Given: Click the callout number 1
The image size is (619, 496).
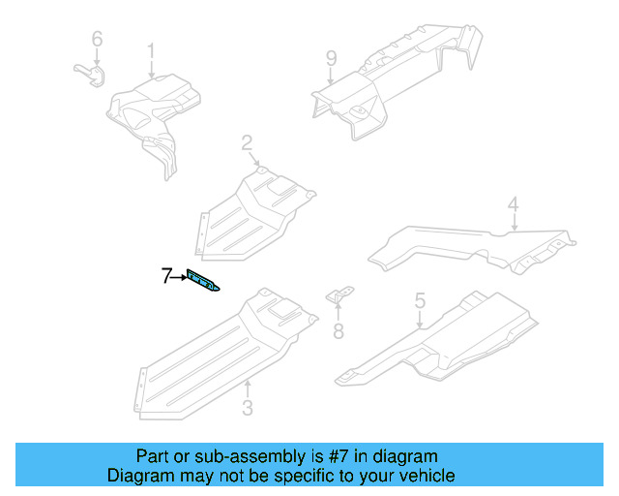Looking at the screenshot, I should click(151, 49).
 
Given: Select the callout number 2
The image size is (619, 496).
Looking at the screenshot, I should click(248, 143).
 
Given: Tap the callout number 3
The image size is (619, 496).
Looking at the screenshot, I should click(247, 409).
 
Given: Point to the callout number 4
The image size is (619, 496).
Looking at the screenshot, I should click(514, 204).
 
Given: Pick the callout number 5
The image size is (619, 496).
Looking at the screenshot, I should click(420, 301).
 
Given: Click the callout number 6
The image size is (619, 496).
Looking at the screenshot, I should click(96, 39).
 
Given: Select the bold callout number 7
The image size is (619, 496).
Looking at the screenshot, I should click(166, 277).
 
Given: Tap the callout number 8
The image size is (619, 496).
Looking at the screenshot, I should click(338, 332).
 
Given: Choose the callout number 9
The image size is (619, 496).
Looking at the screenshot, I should click(331, 58).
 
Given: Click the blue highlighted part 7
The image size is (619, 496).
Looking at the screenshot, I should click(202, 282).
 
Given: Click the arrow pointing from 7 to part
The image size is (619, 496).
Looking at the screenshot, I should click(179, 278).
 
